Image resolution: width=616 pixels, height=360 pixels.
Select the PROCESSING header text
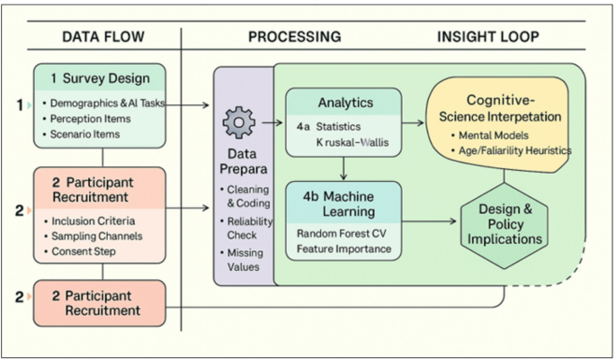(294, 37)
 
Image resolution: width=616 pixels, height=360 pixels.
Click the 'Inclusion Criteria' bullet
(93, 220)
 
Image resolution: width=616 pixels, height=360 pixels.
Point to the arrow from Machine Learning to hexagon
(428, 220)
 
